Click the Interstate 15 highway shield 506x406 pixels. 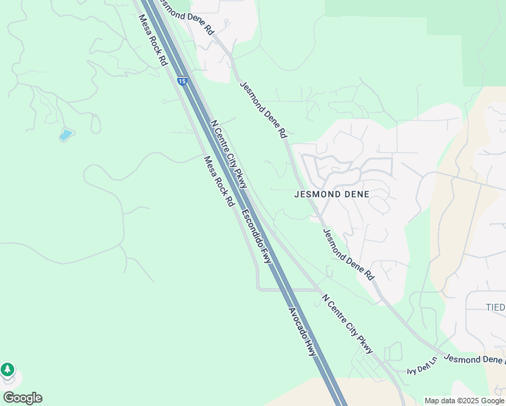coord(182,81)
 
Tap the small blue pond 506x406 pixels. coord(66,135)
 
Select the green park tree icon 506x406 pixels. coord(7,369)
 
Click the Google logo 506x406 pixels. coord(22,397)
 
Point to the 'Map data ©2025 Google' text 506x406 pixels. coord(464,401)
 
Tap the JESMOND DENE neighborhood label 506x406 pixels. coord(332,194)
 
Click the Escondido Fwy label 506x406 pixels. coord(256,237)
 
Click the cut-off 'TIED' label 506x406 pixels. coord(495,307)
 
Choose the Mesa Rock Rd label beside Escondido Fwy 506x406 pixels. coord(218,181)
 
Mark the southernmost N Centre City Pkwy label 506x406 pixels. coord(348,323)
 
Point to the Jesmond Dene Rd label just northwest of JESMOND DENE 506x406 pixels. coord(263,110)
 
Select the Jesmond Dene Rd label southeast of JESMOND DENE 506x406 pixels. coord(348,254)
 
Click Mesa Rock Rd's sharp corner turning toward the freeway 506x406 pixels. coord(258,288)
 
